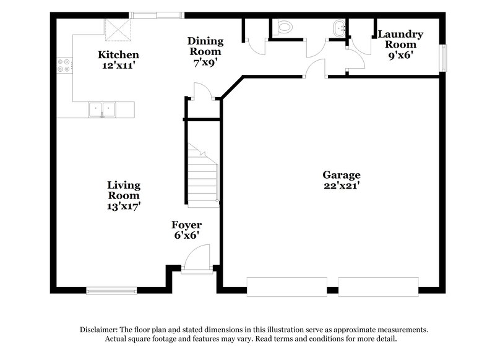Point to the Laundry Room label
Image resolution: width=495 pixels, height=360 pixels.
click(x=400, y=39)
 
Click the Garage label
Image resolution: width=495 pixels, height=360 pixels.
click(x=341, y=175)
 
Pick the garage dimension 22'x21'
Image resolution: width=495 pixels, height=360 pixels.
click(x=341, y=185)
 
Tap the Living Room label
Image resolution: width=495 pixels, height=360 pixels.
click(x=124, y=190)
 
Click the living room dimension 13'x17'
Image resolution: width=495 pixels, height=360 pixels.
click(x=124, y=206)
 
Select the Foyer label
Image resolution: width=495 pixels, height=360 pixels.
click(x=187, y=225)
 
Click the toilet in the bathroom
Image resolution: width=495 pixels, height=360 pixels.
click(x=285, y=27)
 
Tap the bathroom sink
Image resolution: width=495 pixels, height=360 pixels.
click(x=339, y=27)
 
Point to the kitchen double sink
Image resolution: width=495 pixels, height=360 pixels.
click(x=102, y=109)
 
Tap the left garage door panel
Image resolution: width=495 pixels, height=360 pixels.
click(x=286, y=286)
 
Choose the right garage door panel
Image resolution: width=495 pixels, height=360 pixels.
click(x=378, y=286)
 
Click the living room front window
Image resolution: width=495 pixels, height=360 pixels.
click(x=111, y=290)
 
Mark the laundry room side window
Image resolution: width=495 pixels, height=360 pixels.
click(x=442, y=59)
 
